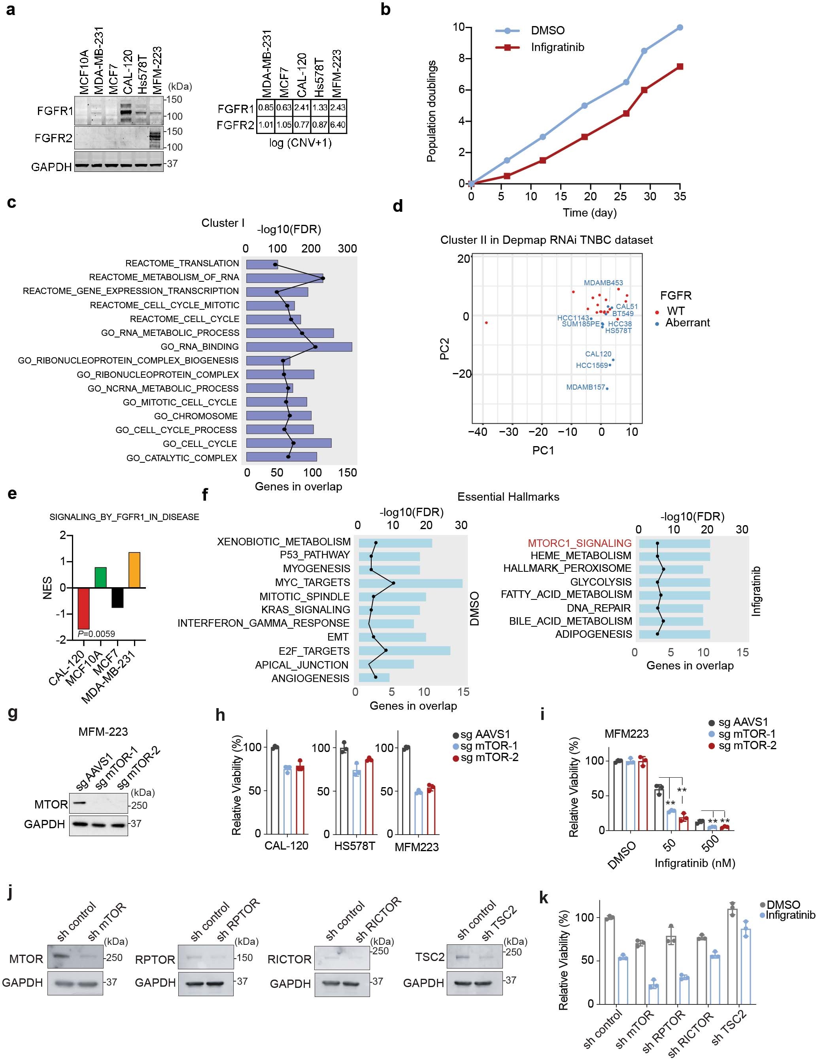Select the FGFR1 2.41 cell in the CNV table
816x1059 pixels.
tap(302, 107)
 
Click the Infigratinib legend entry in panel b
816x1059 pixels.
tap(557, 47)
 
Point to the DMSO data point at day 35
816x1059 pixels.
tap(680, 28)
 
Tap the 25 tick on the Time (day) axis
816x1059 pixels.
tap(620, 196)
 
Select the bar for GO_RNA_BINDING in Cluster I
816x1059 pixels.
tap(299, 347)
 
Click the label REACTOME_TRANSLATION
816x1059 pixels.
tap(182, 263)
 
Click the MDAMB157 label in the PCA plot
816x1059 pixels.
tap(585, 387)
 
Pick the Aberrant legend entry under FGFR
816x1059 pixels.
tap(687, 323)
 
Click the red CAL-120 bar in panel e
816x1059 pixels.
tap(83, 608)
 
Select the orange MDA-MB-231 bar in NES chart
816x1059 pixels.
tap(134, 570)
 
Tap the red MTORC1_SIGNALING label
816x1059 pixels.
tap(579, 543)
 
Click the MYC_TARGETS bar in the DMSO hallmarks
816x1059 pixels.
tap(410, 582)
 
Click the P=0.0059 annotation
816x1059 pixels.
tap(96, 634)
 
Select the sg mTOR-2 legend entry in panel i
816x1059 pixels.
tap(747, 745)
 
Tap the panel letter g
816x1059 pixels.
tap(13, 713)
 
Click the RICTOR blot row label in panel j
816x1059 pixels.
tap(290, 959)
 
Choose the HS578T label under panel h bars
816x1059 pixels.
tap(355, 847)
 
